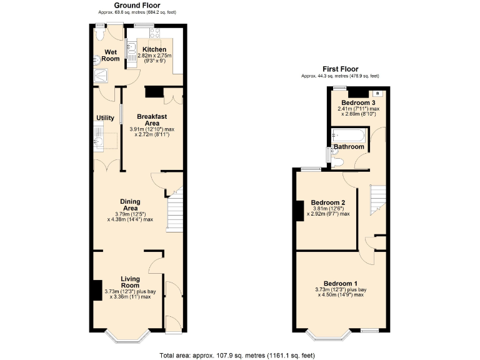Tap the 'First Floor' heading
[340, 69]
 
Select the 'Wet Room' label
[111, 55]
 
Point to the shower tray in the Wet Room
[100, 76]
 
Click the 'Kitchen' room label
[154, 49]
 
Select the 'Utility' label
[104, 117]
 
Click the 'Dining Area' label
[130, 204]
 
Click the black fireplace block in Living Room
[97, 291]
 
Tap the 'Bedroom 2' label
[328, 202]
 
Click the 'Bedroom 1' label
[339, 283]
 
